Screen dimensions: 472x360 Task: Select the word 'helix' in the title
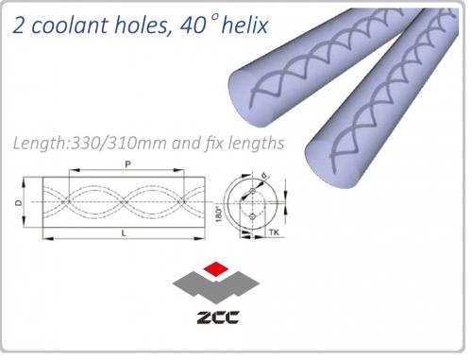pos(244,25)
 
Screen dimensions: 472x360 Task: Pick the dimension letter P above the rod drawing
pos(127,164)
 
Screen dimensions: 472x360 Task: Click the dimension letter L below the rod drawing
pos(124,233)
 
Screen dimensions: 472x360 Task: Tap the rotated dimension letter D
pos(19,202)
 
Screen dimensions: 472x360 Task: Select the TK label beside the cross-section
pos(274,232)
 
